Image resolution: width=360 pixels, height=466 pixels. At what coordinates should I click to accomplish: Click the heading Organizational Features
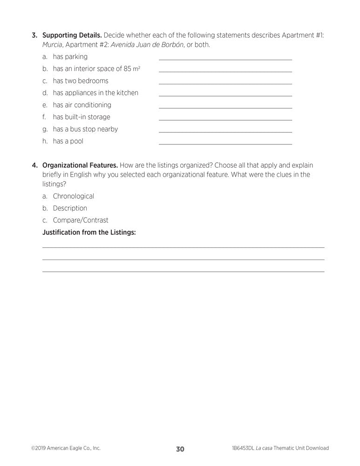tap(80, 165)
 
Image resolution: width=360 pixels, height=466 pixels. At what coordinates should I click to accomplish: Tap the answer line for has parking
tap(225, 59)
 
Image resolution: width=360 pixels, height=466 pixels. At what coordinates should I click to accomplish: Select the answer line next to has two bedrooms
tap(225, 83)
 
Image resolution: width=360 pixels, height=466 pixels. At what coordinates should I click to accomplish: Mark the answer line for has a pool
tap(225, 144)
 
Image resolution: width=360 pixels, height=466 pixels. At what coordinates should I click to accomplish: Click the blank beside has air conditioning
tap(225, 108)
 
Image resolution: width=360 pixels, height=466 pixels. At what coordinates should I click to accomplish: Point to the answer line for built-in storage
tap(225, 120)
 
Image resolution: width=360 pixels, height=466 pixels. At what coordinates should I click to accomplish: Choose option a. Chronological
tap(73, 196)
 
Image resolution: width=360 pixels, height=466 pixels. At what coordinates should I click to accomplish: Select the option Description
tap(70, 208)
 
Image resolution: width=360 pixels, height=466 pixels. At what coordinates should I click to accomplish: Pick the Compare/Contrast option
tap(81, 220)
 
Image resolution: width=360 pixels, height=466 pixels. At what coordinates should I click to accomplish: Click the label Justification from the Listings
tap(89, 233)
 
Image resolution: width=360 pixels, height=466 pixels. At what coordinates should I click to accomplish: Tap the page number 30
tap(180, 449)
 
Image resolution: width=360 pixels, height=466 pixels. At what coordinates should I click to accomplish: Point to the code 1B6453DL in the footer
tap(242, 448)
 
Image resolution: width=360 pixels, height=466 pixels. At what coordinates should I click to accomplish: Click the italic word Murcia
tap(52, 45)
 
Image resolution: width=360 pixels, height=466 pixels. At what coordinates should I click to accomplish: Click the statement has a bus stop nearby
tap(85, 129)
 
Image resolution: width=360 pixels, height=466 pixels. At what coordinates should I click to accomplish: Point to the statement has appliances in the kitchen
tap(95, 93)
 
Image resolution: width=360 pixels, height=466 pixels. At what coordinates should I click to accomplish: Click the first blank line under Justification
tap(183, 247)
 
